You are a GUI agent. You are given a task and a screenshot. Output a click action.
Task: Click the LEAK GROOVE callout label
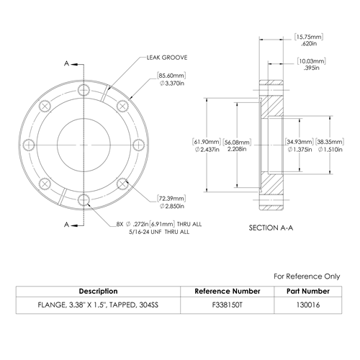click(167, 58)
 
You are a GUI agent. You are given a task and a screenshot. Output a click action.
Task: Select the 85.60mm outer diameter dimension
click(171, 79)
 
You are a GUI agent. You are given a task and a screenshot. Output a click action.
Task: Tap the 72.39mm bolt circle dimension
click(172, 202)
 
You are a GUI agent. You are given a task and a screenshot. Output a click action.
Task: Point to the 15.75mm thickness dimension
click(309, 40)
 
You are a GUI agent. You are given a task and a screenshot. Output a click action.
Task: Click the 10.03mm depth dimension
click(312, 64)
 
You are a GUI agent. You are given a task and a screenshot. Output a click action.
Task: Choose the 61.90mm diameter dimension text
click(207, 145)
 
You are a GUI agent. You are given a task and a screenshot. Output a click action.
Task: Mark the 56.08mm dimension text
click(237, 145)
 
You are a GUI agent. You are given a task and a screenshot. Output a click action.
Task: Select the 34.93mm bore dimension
click(300, 145)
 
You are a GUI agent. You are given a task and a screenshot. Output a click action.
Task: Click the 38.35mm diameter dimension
click(330, 145)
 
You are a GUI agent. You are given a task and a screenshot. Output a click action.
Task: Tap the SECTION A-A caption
click(271, 228)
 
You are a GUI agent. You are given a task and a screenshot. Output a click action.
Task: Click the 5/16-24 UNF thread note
click(159, 232)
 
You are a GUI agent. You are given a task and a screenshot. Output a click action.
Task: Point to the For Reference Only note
click(307, 276)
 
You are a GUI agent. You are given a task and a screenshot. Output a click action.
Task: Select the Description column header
click(99, 291)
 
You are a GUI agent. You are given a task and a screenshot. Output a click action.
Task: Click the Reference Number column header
click(228, 291)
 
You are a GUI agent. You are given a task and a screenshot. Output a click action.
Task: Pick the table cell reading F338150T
click(228, 305)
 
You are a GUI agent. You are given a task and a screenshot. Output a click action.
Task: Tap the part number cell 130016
click(308, 305)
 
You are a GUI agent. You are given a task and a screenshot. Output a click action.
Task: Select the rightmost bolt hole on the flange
click(139, 145)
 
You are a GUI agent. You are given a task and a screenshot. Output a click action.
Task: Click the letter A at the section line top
click(66, 63)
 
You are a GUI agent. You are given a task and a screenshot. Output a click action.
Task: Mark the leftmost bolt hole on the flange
click(29, 145)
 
